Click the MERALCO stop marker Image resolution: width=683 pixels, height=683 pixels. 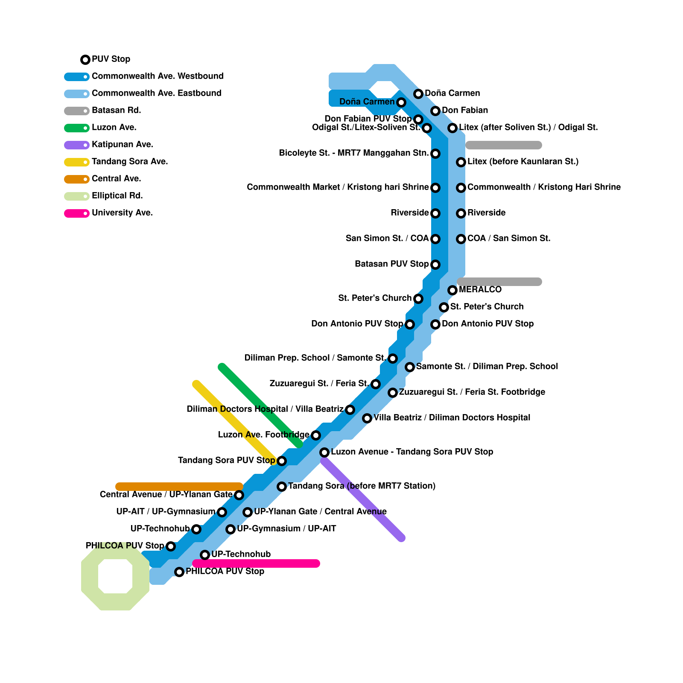(x=452, y=290)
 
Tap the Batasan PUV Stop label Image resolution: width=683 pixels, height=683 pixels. (x=391, y=264)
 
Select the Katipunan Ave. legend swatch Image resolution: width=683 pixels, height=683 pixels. (x=77, y=145)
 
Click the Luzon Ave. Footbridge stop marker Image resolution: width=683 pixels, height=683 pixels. (x=316, y=435)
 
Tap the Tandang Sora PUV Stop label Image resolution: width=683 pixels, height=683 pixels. (x=226, y=461)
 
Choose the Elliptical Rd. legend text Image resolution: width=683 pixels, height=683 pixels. (x=117, y=196)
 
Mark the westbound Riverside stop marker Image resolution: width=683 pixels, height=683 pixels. (x=435, y=213)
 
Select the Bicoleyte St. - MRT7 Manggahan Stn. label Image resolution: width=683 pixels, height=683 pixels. (x=353, y=153)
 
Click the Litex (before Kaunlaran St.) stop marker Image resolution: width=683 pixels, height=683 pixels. (x=461, y=162)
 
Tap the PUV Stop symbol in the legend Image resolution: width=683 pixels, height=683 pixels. (x=85, y=60)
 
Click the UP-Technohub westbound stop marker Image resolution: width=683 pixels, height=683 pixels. (x=196, y=529)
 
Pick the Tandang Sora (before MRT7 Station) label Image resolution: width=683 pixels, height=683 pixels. (x=362, y=486)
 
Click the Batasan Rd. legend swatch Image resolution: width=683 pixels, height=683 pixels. (x=77, y=111)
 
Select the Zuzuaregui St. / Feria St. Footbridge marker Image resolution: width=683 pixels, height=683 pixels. (x=393, y=393)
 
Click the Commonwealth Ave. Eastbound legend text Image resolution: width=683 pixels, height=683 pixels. (x=156, y=93)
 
